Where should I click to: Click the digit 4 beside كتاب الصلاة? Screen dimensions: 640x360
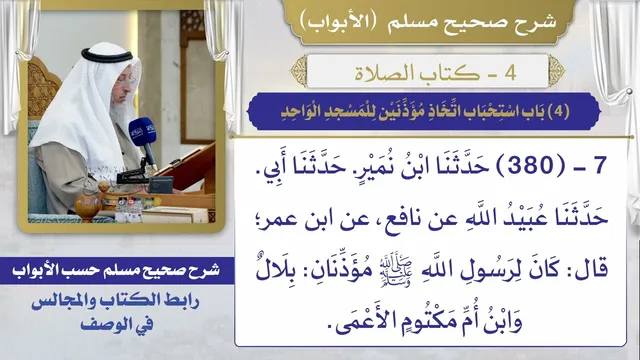click(x=511, y=73)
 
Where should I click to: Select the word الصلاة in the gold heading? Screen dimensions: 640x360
click(x=379, y=73)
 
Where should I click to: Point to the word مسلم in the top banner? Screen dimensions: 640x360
click(x=410, y=22)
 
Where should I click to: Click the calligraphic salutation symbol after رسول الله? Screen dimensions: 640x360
click(x=396, y=270)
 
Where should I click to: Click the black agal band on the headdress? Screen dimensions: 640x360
click(x=107, y=56)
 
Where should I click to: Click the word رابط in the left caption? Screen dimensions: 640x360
click(x=181, y=301)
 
